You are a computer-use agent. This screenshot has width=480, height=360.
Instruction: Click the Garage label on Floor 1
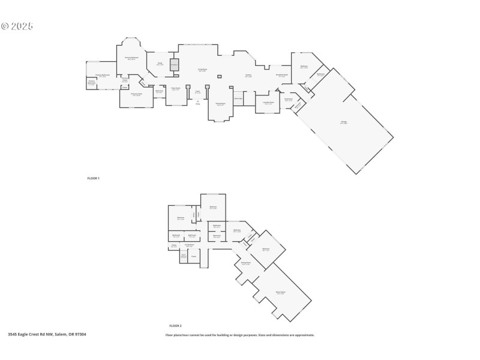pyautogui.click(x=344, y=122)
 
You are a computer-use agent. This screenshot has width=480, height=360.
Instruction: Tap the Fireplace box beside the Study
pyautogui.click(x=175, y=65)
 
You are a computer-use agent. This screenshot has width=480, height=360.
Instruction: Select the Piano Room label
pyautogui.click(x=176, y=89)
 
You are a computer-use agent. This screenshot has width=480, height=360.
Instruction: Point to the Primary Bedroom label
pyautogui.click(x=131, y=58)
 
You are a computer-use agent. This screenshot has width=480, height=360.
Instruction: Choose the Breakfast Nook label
pyautogui.click(x=282, y=76)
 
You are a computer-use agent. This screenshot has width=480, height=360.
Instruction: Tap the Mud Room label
pyautogui.click(x=289, y=100)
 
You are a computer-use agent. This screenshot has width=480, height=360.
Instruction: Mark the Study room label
pyautogui.click(x=160, y=64)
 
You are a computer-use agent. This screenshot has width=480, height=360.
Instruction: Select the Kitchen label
pyautogui.click(x=248, y=76)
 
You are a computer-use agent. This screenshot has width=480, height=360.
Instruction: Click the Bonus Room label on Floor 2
pyautogui.click(x=280, y=293)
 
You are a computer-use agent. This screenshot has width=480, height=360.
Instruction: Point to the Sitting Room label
pyautogui.click(x=245, y=263)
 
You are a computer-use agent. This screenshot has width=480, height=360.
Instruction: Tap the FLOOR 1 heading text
pyautogui.click(x=94, y=178)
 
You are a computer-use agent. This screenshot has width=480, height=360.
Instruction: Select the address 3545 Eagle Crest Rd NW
pyautogui.click(x=47, y=334)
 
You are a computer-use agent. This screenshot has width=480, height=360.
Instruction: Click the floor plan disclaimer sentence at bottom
pyautogui.click(x=239, y=335)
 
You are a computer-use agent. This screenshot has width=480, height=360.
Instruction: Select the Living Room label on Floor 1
pyautogui.click(x=203, y=70)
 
